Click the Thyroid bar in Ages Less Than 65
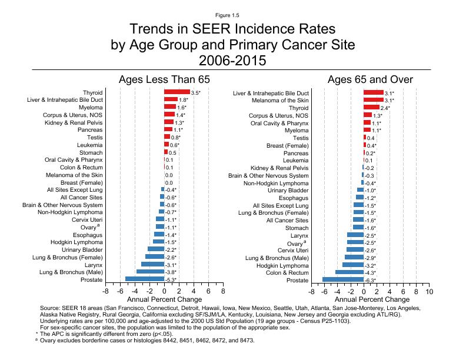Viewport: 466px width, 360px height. pyautogui.click(x=177, y=92)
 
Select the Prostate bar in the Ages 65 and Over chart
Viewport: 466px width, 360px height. pyautogui.click(x=343, y=280)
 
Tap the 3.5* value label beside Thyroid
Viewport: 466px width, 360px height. pyautogui.click(x=196, y=92)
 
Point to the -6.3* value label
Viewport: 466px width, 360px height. pyautogui.click(x=371, y=281)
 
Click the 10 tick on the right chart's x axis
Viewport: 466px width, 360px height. pyautogui.click(x=430, y=291)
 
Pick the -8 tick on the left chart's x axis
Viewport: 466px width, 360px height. pyautogui.click(x=105, y=291)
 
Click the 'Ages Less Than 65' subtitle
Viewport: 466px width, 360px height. pyautogui.click(x=164, y=79)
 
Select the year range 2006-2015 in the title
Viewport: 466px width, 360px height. pyautogui.click(x=232, y=61)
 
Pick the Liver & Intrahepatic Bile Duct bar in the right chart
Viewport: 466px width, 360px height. pyautogui.click(x=374, y=92)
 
